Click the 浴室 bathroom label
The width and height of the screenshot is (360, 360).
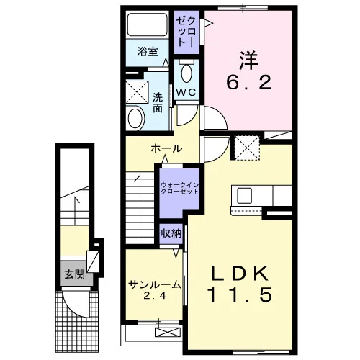[148, 52]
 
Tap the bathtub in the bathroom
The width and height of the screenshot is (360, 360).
[148, 24]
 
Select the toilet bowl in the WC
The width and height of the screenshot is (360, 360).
[186, 73]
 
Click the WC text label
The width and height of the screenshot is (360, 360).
[186, 92]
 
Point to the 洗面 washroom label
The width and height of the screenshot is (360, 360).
[158, 103]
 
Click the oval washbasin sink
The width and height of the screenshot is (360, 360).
[135, 119]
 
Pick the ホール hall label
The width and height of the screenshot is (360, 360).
[166, 149]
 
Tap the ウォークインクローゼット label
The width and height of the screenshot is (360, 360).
[180, 188]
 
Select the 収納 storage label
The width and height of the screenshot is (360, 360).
[171, 233]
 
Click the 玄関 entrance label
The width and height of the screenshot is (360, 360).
[75, 274]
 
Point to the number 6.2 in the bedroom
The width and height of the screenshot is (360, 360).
[248, 82]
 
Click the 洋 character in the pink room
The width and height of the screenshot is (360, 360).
[249, 60]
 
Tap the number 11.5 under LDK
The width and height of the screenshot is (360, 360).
[240, 294]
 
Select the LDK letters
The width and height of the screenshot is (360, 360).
[240, 274]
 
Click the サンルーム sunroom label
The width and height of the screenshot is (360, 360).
[155, 284]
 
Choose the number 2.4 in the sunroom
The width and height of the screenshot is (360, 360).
[155, 296]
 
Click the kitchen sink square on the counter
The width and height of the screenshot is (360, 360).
[244, 196]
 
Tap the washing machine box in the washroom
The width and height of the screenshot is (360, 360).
[137, 92]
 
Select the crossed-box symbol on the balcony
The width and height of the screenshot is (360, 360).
[167, 332]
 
